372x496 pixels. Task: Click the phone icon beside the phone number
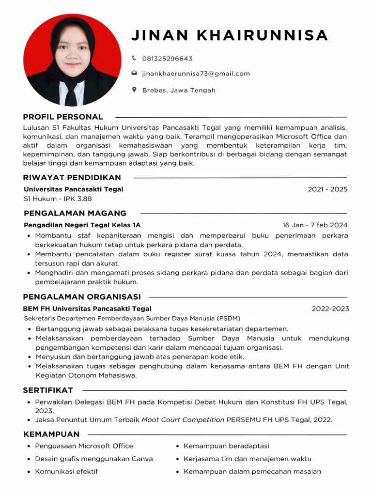click(134, 58)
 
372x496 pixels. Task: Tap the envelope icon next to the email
click(134, 74)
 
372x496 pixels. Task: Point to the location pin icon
click(134, 90)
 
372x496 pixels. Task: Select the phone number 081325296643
click(167, 59)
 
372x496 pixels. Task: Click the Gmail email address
click(196, 74)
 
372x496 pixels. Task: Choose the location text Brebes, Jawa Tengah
click(179, 90)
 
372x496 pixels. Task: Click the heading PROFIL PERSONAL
click(63, 117)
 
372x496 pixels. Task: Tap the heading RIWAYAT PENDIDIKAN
click(72, 178)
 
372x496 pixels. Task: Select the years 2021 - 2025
click(327, 189)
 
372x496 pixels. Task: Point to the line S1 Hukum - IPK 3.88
click(58, 199)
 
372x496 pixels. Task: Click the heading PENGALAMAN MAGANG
click(75, 213)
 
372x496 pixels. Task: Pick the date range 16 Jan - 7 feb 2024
click(315, 225)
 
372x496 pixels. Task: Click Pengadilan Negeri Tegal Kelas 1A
click(82, 225)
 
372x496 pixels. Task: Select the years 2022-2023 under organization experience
click(330, 309)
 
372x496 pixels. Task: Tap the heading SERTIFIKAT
click(48, 390)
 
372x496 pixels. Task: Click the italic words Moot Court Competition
click(183, 420)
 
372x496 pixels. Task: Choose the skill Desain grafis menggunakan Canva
click(94, 459)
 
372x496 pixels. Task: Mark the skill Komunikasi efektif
click(66, 471)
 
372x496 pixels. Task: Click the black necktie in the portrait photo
click(71, 94)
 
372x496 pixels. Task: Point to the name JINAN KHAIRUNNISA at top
click(230, 35)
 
